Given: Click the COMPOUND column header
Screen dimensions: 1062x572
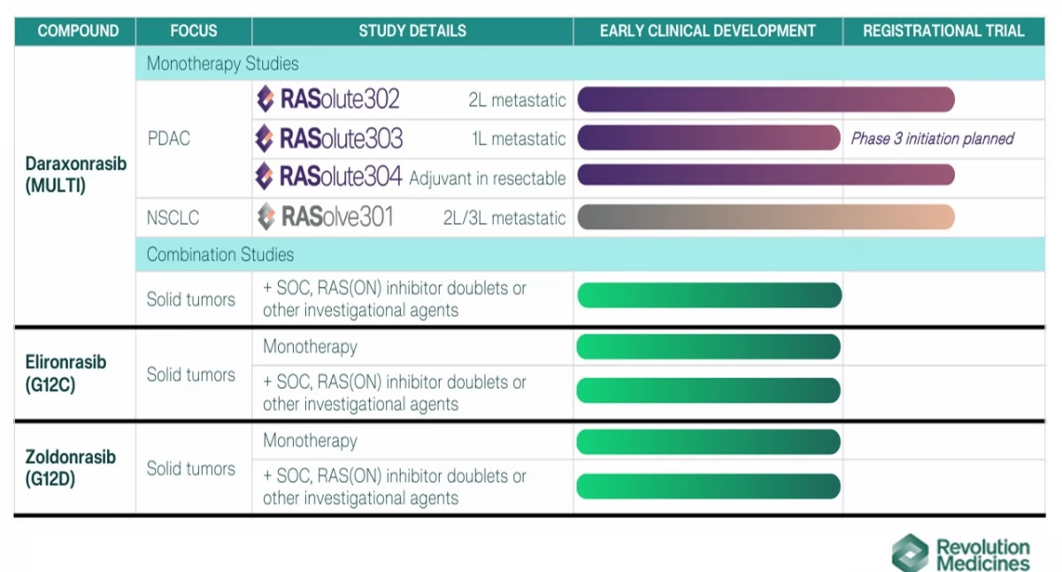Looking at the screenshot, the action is (78, 31).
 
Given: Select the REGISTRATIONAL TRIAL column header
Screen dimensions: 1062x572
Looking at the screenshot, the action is (943, 31).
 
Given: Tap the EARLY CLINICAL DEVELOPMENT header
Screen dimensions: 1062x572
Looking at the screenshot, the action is (708, 31).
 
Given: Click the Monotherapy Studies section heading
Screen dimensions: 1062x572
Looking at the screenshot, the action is (222, 64).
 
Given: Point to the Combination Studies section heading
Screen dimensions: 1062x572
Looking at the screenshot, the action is (220, 255).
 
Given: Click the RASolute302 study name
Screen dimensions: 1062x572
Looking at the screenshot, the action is (340, 99).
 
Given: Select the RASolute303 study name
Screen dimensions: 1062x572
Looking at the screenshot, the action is (341, 138).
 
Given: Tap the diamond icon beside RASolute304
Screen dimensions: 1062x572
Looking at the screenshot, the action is (265, 176).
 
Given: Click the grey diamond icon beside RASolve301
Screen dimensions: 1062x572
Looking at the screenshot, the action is (266, 217).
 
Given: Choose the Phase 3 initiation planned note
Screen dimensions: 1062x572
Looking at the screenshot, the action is (932, 138).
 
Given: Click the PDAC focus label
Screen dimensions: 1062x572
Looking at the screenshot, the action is (169, 138).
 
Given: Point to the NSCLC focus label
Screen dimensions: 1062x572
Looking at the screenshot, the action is (173, 218).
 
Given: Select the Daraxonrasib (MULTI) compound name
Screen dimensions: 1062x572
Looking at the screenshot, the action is (76, 174).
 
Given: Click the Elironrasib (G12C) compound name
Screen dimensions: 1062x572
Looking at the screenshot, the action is (65, 374).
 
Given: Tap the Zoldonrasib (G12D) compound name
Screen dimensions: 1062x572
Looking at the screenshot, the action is (70, 468).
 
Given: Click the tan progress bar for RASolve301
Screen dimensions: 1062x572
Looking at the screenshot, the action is (766, 217).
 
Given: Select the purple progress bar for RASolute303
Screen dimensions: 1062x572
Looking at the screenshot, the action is (709, 137).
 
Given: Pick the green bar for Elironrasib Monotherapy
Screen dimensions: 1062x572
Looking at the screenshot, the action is (708, 347).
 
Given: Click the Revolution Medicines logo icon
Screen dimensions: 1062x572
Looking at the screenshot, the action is (910, 553).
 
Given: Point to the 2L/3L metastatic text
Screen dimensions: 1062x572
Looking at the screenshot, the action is (504, 218).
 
